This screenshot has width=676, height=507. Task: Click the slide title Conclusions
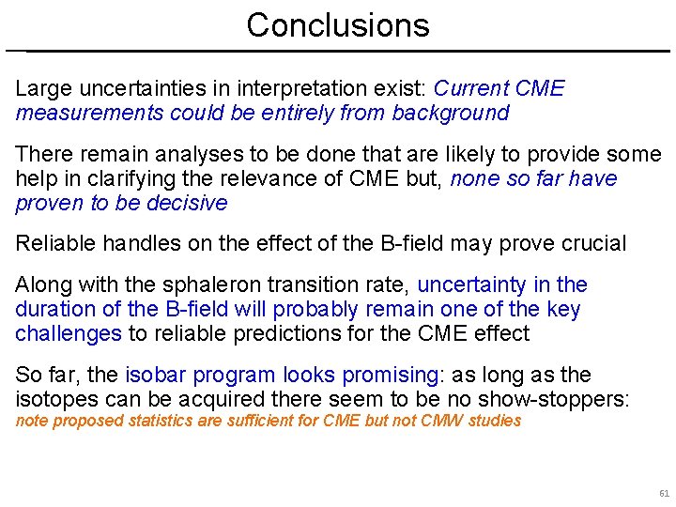click(338, 24)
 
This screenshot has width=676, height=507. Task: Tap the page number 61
click(664, 493)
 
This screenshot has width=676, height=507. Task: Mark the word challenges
click(69, 333)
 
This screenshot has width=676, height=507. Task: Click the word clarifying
click(104, 178)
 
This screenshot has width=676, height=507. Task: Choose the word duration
click(52, 309)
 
